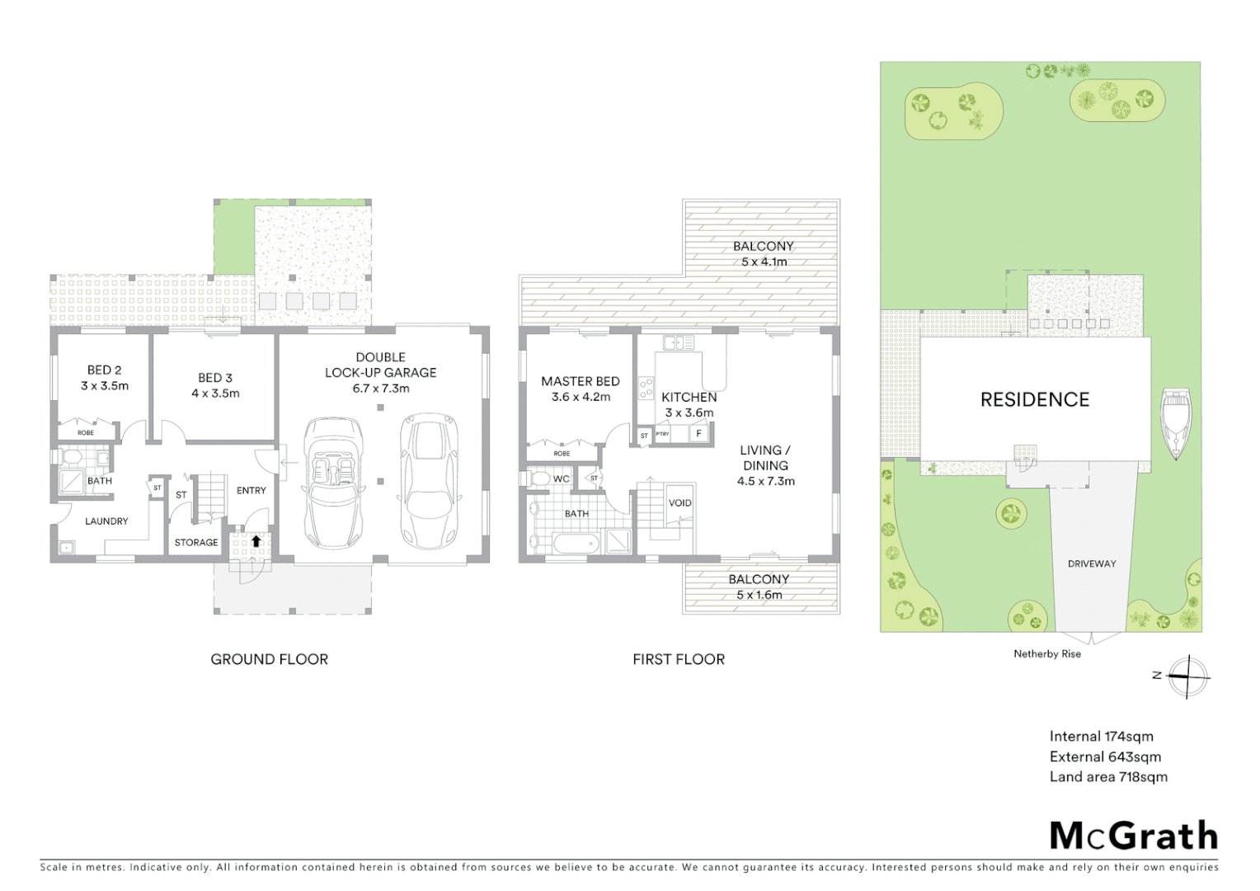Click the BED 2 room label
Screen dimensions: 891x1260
coord(104,370)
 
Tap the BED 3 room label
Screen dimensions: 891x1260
coord(215,378)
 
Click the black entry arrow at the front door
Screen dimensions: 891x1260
coord(256,542)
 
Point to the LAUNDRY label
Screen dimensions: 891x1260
coord(106,521)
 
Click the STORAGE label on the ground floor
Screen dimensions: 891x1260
coord(196,542)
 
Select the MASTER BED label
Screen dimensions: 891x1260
coord(580,381)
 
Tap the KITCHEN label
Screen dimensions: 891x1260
coord(689,397)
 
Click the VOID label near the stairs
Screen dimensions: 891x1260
coord(679,502)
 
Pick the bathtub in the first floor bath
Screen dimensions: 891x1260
coord(577,543)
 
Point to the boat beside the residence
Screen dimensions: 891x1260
coord(1174,423)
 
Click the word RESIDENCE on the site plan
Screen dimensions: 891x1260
coord(1034,400)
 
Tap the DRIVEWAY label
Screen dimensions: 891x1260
coord(1091,563)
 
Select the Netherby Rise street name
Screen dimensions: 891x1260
coord(1046,653)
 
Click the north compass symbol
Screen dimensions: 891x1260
coord(1187,676)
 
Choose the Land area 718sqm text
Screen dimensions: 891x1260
coord(1107,776)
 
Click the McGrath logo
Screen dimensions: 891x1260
coord(1133,836)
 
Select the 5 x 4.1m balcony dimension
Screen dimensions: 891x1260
coord(764,262)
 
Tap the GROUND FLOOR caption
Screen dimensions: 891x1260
coord(269,659)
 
